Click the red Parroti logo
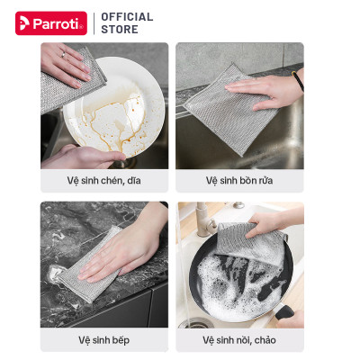coord(51,23)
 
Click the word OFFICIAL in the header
coord(127,17)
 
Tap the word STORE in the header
coord(120,29)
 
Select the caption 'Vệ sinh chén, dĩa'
coord(103,181)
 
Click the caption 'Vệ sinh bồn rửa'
coord(239,181)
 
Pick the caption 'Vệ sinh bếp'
coord(104,340)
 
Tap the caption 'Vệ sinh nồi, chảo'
coord(239,340)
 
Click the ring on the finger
coord(63,55)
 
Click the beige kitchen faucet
coord(205,220)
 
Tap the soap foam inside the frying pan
coord(237,282)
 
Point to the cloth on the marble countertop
coord(90,264)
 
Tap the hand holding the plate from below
coord(83,157)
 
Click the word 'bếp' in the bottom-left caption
coord(121,340)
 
